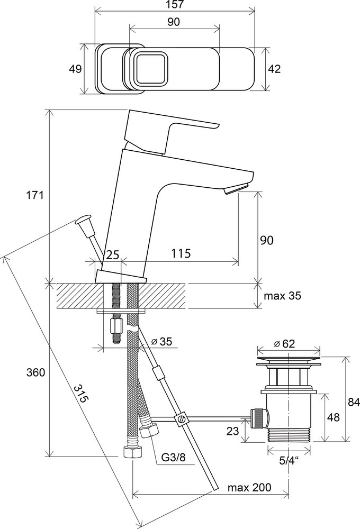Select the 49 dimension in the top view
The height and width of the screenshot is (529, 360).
point(76,69)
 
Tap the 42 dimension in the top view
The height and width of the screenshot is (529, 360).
point(274,69)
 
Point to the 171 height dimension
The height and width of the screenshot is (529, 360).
point(35,195)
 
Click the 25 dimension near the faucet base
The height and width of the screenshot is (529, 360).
point(112,254)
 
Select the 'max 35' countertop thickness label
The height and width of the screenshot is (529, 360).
point(283,296)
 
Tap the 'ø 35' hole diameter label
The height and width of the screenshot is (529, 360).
point(161,342)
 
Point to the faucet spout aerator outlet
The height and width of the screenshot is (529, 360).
point(237,189)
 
